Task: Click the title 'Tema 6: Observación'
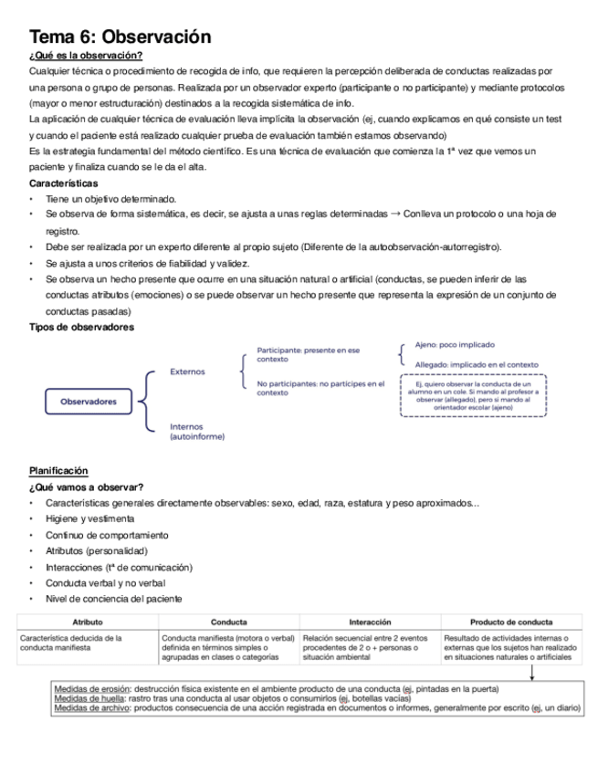[120, 37]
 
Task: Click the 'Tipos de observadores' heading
[81, 327]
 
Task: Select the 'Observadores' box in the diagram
[89, 401]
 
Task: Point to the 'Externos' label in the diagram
[188, 371]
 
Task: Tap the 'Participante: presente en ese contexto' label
[308, 355]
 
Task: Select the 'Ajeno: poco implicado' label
[455, 345]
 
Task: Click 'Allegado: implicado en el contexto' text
[476, 363]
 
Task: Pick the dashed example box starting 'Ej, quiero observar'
[473, 395]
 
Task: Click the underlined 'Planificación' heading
[58, 470]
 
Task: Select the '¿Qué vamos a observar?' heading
[86, 486]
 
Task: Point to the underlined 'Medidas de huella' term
[90, 698]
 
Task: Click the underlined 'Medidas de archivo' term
[92, 708]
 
